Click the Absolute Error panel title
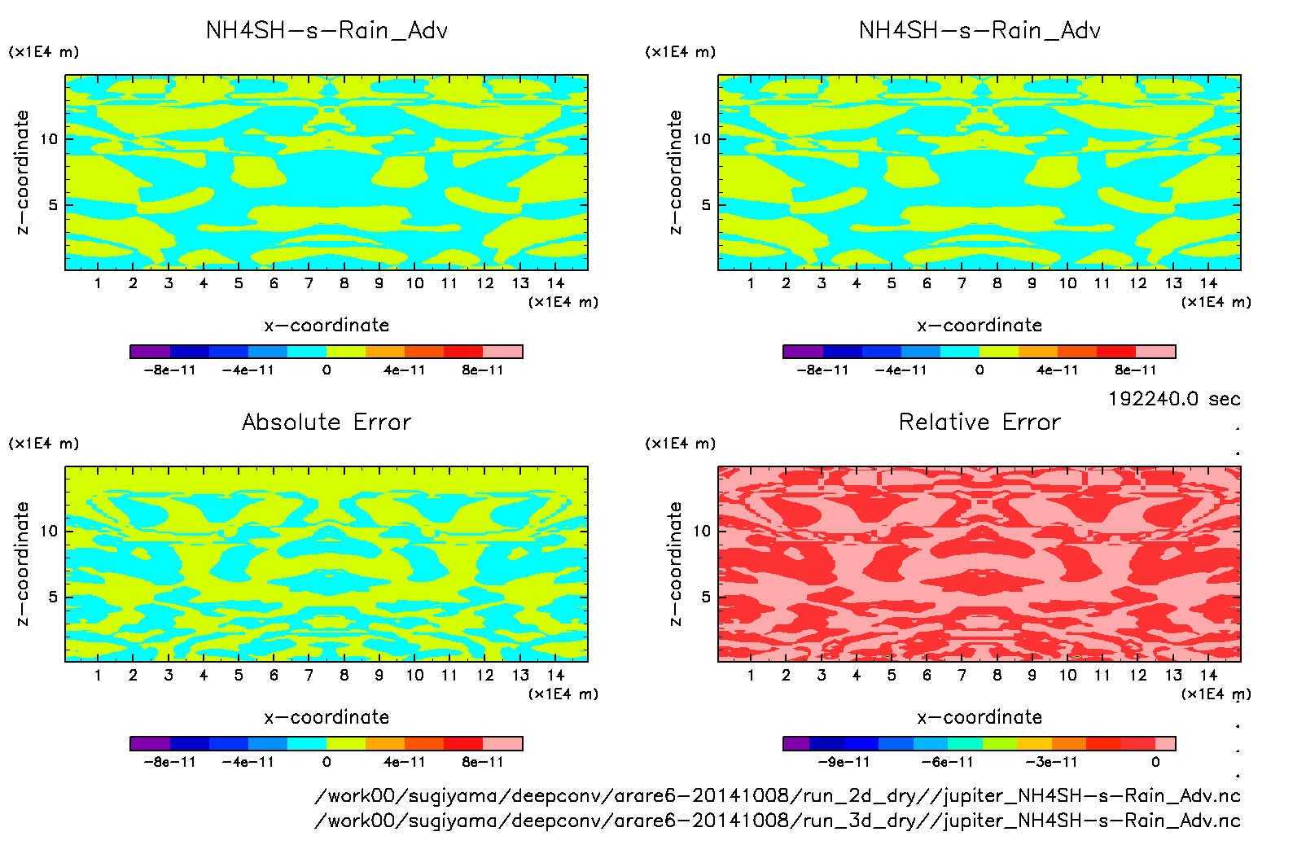pos(326,422)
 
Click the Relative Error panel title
pos(979,422)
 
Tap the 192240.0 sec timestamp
pos(1174,399)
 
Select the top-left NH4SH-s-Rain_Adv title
pos(326,31)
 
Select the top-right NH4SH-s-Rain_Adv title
pos(979,31)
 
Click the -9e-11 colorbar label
pos(844,762)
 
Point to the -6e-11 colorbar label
pos(947,762)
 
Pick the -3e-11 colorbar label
pos(1051,762)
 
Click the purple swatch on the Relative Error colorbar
pos(796,743)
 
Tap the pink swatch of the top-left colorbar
pos(502,352)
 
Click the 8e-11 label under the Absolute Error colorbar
pos(483,762)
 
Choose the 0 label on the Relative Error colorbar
pos(1155,762)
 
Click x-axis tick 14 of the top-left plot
pos(555,283)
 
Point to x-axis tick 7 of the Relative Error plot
pos(962,675)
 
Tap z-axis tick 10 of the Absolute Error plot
pos(49,531)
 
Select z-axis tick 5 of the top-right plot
pos(706,204)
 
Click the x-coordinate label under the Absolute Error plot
pos(326,717)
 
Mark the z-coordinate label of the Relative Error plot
pos(674,563)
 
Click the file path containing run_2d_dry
pos(778,795)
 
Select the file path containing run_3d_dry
pos(778,821)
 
